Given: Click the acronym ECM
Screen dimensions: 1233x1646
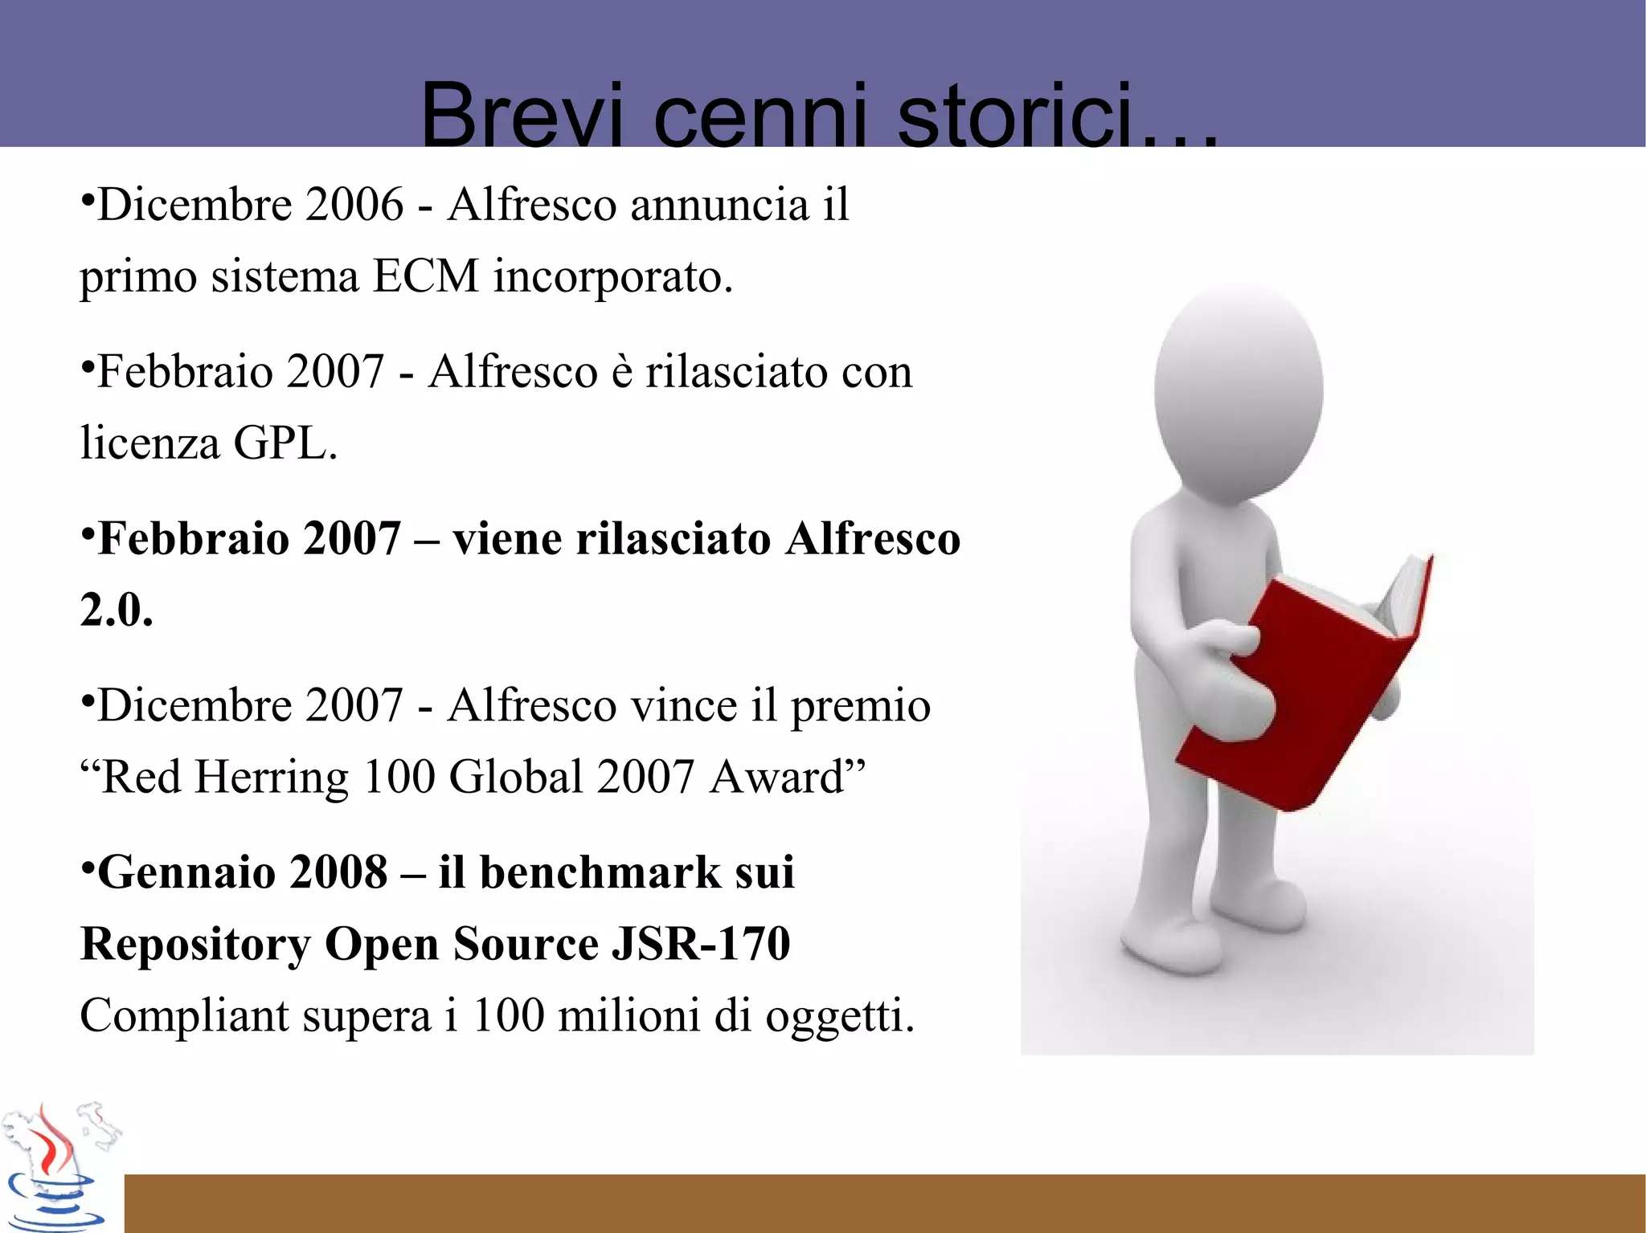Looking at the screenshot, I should click(x=426, y=276).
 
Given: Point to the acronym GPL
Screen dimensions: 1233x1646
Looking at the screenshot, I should click(x=285, y=443).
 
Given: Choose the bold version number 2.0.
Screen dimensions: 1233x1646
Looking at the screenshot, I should click(x=117, y=610).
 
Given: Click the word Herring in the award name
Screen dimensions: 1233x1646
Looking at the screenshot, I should click(x=272, y=777).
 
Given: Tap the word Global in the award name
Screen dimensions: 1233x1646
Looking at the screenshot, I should click(x=515, y=777).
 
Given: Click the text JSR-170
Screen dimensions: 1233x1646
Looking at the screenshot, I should click(x=701, y=943).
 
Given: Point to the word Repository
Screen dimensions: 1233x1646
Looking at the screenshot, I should click(x=195, y=945).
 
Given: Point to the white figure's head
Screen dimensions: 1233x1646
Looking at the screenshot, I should click(x=1239, y=386).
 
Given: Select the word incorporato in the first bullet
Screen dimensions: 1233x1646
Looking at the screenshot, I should click(x=612, y=278).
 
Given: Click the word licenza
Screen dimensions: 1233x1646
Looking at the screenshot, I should click(x=149, y=443).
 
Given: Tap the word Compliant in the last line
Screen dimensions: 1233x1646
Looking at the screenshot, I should click(x=184, y=1017).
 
